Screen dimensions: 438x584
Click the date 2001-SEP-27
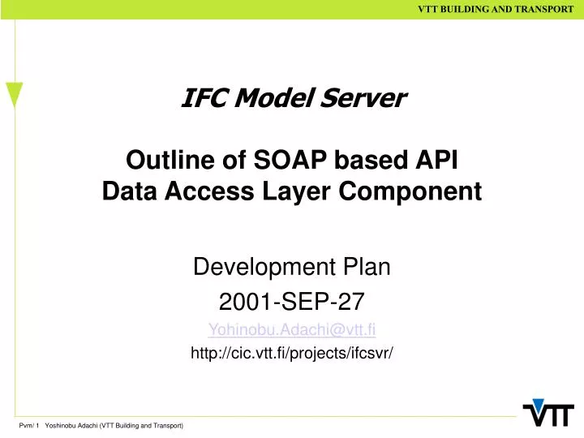292,302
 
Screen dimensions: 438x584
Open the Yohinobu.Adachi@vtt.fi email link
292,329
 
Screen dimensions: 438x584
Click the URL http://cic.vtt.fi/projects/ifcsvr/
292,353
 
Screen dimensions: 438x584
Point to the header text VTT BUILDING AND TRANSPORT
496,9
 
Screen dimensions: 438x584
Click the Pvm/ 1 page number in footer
28,426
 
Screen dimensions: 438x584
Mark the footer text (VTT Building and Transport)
141,426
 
